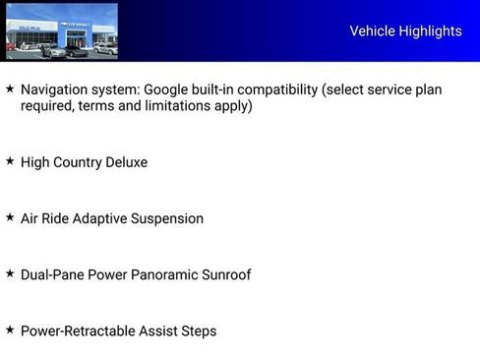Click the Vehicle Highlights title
click(405, 31)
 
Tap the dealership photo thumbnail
click(61, 31)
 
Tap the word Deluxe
click(123, 162)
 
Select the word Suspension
click(166, 218)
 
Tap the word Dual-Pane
click(52, 274)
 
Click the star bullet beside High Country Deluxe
click(10, 160)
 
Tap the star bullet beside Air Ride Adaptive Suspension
click(10, 216)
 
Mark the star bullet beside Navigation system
click(10, 89)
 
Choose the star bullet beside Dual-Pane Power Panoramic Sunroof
click(10, 272)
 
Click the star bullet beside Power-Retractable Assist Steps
click(10, 329)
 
